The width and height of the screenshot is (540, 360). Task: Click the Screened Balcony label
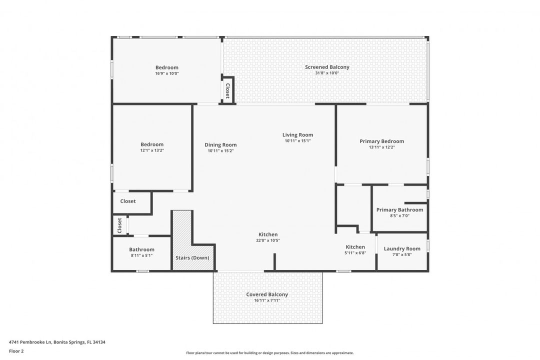pyautogui.click(x=327, y=67)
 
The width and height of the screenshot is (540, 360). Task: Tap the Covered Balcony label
pyautogui.click(x=267, y=294)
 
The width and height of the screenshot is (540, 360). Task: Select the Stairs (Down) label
pyautogui.click(x=192, y=258)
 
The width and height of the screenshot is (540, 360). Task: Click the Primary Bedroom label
pyautogui.click(x=381, y=141)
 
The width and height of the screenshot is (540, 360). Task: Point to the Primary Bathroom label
pyautogui.click(x=399, y=210)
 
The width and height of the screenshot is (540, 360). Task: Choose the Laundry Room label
pyautogui.click(x=402, y=249)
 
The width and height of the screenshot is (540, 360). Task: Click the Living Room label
pyautogui.click(x=297, y=135)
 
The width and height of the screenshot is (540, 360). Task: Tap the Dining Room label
pyautogui.click(x=220, y=145)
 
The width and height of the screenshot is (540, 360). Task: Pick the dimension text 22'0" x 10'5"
pyautogui.click(x=268, y=240)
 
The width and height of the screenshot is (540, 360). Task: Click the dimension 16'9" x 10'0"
pyautogui.click(x=166, y=73)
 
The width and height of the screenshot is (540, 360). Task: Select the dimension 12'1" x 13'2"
pyautogui.click(x=152, y=150)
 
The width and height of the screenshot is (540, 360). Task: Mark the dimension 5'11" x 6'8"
pyautogui.click(x=355, y=253)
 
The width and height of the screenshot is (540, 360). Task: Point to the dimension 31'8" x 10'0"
pyautogui.click(x=327, y=73)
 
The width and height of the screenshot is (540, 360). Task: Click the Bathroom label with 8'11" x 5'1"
pyautogui.click(x=141, y=249)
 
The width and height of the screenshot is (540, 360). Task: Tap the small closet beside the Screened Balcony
pyautogui.click(x=227, y=90)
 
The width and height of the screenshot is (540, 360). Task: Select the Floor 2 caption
pyautogui.click(x=16, y=351)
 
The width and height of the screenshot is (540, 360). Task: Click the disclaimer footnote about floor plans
pyautogui.click(x=269, y=353)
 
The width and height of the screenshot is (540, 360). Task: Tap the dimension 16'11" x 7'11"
pyautogui.click(x=267, y=300)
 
